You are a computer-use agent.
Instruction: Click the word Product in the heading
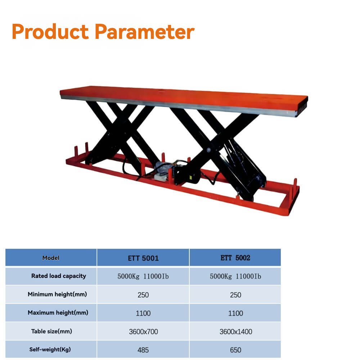(x=50, y=31)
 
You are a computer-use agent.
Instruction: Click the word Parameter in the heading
(x=145, y=31)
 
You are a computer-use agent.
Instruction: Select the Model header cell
(x=51, y=258)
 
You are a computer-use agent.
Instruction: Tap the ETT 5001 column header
(x=143, y=258)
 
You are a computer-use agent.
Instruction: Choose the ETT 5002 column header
(x=235, y=258)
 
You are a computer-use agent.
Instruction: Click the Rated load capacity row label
(x=59, y=276)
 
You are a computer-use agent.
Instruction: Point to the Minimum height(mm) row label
(x=57, y=294)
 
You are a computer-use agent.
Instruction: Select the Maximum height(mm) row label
(x=58, y=313)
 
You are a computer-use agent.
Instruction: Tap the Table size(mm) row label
(x=51, y=331)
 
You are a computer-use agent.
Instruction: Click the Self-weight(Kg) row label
(x=50, y=350)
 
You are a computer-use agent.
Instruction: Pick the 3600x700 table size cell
(x=144, y=332)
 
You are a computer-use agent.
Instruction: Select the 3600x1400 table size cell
(x=236, y=332)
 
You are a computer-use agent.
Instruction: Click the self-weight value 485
(x=143, y=350)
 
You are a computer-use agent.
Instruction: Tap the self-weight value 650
(x=235, y=350)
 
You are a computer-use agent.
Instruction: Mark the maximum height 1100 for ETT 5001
(x=143, y=313)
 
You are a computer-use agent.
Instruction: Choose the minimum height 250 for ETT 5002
(x=235, y=295)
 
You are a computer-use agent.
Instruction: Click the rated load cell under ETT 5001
(x=143, y=276)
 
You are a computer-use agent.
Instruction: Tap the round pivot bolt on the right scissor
(x=209, y=150)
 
